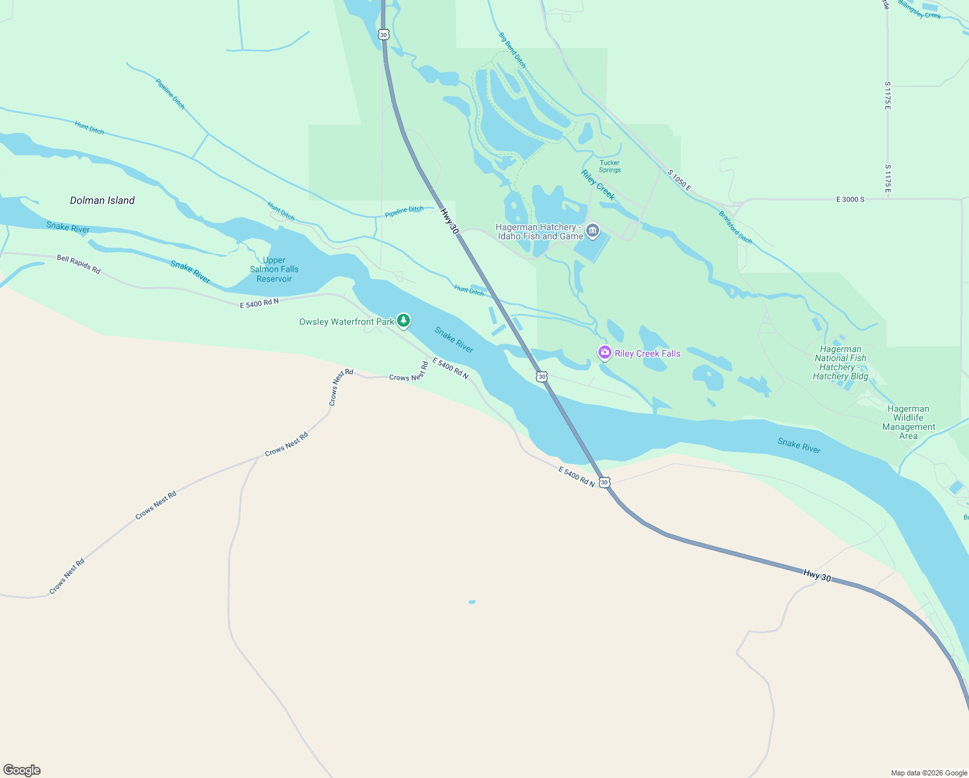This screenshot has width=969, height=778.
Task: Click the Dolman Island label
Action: (x=102, y=201)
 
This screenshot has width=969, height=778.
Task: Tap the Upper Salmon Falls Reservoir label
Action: (x=274, y=270)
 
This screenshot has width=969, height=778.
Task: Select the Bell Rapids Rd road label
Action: (x=78, y=265)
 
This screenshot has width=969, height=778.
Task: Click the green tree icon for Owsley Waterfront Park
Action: (x=404, y=320)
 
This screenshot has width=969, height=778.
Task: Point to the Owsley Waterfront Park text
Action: (x=347, y=322)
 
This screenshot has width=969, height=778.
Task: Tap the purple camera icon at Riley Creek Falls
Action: (x=604, y=353)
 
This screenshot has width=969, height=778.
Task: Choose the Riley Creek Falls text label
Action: (x=647, y=354)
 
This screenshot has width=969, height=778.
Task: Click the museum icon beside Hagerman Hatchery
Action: (x=592, y=231)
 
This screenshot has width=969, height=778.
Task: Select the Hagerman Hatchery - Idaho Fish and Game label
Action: (x=540, y=232)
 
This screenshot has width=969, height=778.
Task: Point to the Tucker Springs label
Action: (x=610, y=167)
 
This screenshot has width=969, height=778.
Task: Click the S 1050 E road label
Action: (x=679, y=181)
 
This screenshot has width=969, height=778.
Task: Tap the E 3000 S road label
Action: (x=850, y=200)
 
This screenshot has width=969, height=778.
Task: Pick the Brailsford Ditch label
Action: (x=735, y=228)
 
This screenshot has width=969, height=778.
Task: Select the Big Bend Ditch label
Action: (x=512, y=50)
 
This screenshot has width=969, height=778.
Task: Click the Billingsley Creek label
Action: (x=919, y=10)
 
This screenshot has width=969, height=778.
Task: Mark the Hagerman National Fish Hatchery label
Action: (x=840, y=363)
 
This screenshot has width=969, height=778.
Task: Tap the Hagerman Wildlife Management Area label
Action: (x=908, y=423)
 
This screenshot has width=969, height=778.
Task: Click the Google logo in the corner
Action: (x=22, y=770)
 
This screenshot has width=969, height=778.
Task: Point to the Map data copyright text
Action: (x=928, y=773)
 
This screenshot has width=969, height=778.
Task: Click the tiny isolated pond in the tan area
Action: (x=472, y=602)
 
